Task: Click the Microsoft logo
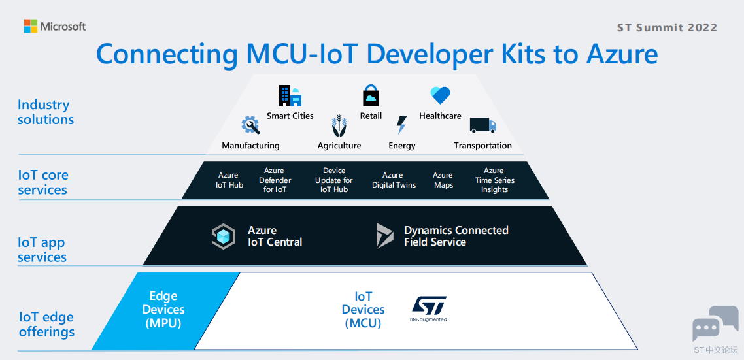coord(55,26)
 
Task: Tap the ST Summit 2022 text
coord(667,27)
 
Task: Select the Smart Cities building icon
coord(290,96)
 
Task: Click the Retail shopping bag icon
coord(371,95)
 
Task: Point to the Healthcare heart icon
coord(440,95)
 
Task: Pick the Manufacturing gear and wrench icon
coord(250,125)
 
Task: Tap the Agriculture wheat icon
coord(339,125)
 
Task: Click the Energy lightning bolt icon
coord(401,125)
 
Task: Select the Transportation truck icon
coord(482,125)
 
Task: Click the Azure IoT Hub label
coord(229,180)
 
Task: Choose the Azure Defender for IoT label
coord(275,180)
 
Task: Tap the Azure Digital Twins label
coord(394,180)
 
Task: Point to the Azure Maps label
coord(443,180)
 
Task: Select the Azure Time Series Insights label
coord(494,180)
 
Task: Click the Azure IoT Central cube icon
coord(223,237)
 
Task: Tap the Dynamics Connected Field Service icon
coord(385,236)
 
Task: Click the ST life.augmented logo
coord(428,309)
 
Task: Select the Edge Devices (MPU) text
coord(163,310)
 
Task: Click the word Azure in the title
coord(622,54)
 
